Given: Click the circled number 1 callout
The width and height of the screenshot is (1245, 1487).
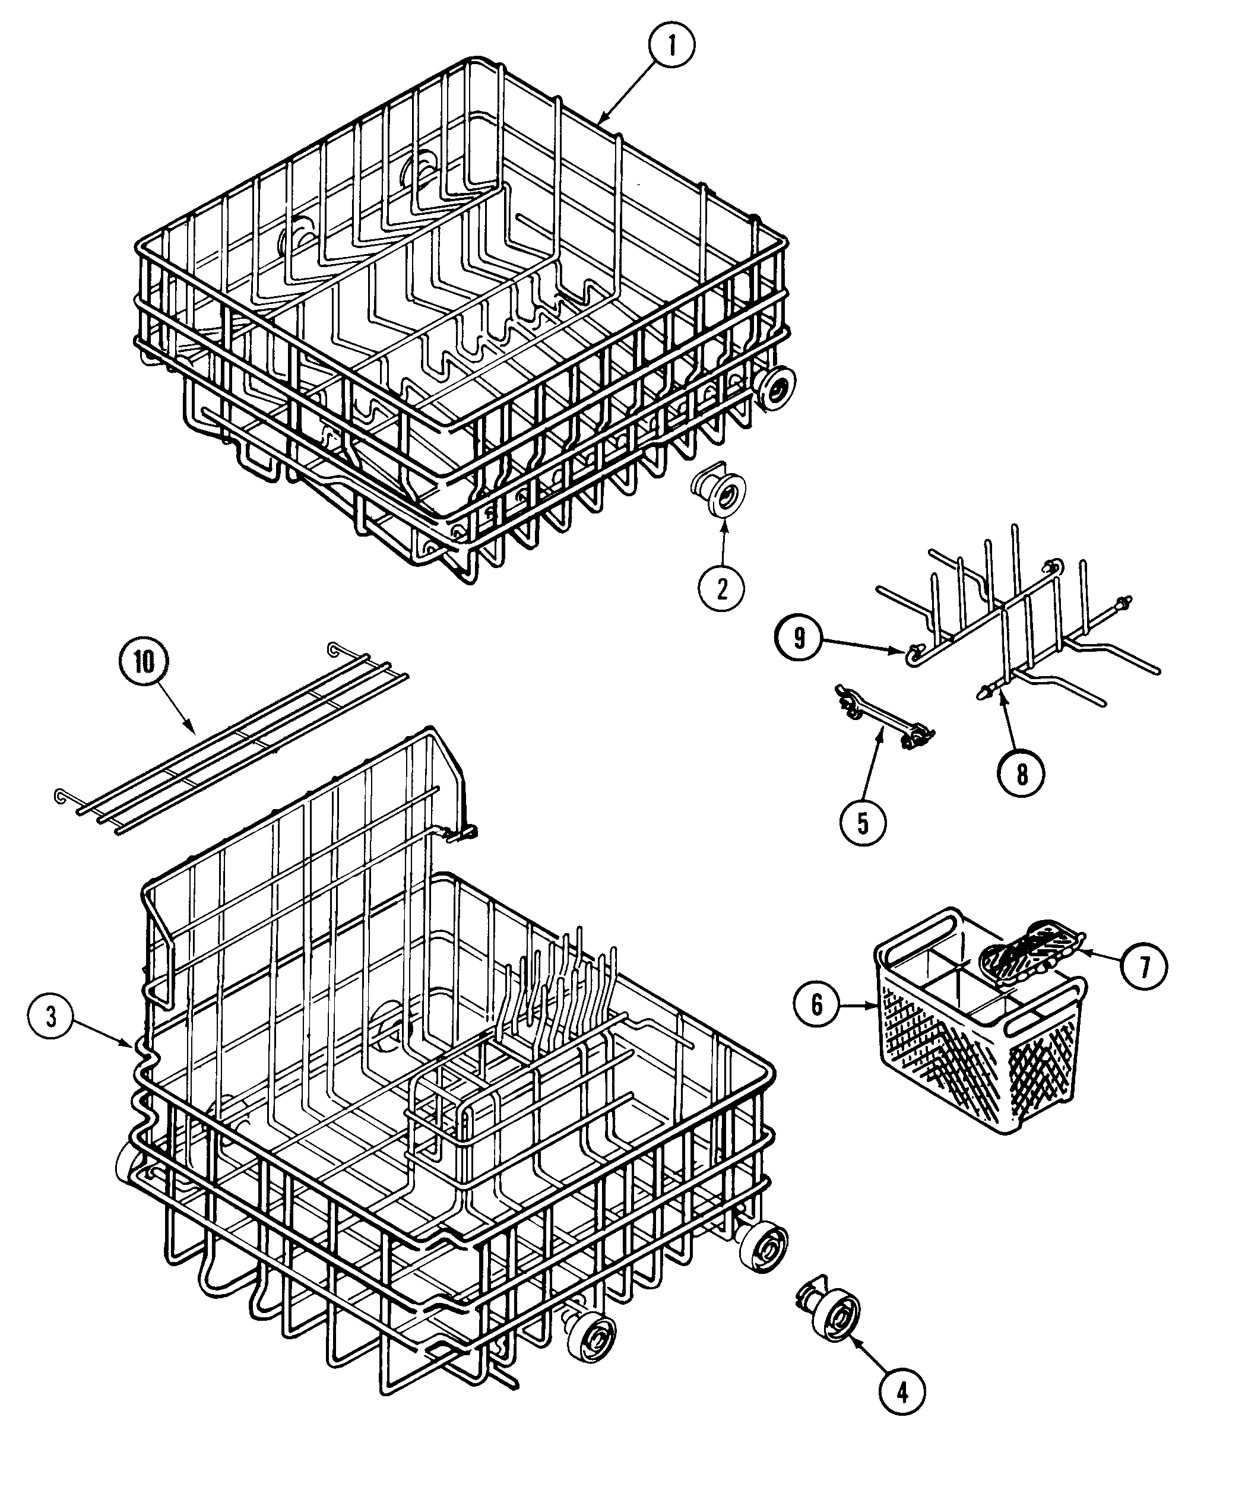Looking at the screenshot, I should pos(671,47).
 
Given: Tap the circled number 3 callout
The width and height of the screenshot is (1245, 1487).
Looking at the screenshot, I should pos(52,1017).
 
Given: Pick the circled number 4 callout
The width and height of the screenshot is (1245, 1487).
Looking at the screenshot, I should pos(901,1391).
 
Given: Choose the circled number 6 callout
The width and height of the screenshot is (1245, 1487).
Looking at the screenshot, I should pos(816,1004).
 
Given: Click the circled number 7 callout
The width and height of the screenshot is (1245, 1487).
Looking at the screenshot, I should pos(1145,966).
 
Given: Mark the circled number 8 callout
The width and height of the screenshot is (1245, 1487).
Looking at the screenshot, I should pos(1021,775).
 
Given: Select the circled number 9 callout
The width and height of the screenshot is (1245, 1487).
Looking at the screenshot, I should pos(799,638).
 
